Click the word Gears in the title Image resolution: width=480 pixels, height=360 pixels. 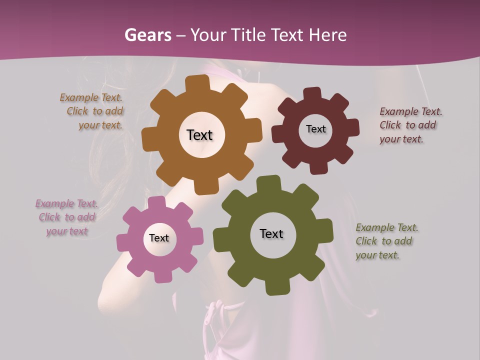(x=147, y=35)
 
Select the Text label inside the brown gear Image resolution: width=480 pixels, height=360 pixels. (x=199, y=135)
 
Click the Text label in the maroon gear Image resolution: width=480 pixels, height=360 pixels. (x=315, y=129)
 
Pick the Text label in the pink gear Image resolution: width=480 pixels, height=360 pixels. (x=159, y=238)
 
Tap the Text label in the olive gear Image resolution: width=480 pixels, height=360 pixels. (x=271, y=233)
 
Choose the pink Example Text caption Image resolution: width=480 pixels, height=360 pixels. (x=67, y=217)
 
